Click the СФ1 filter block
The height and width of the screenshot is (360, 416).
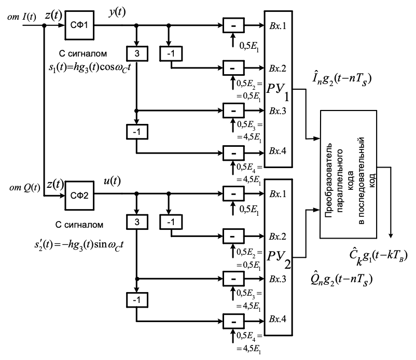click(78, 25)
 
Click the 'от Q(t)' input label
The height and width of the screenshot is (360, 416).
click(20, 187)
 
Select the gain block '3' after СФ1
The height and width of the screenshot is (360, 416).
click(136, 53)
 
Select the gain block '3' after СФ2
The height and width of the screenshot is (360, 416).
click(136, 222)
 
